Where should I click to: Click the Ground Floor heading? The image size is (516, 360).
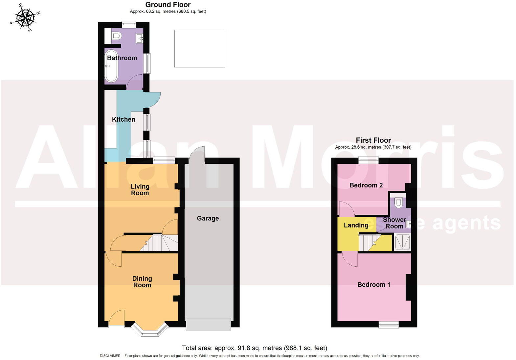168,5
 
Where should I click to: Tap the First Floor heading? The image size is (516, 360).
373,140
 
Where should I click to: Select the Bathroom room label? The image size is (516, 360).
122,58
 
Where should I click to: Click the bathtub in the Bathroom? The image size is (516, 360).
111,66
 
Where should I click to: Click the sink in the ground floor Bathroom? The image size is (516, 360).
140,38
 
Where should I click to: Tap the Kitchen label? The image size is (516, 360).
123,120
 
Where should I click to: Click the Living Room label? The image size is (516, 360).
140,190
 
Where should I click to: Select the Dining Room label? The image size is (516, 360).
142,282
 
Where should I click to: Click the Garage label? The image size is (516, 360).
208,218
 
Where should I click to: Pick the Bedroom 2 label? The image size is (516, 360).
366,185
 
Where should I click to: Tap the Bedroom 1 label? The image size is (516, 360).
374,285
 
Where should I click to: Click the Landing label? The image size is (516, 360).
356,225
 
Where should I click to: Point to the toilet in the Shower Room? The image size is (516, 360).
398,202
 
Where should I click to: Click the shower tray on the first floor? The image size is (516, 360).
402,242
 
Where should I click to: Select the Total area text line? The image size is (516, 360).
255,348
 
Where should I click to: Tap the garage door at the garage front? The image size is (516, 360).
208,324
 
